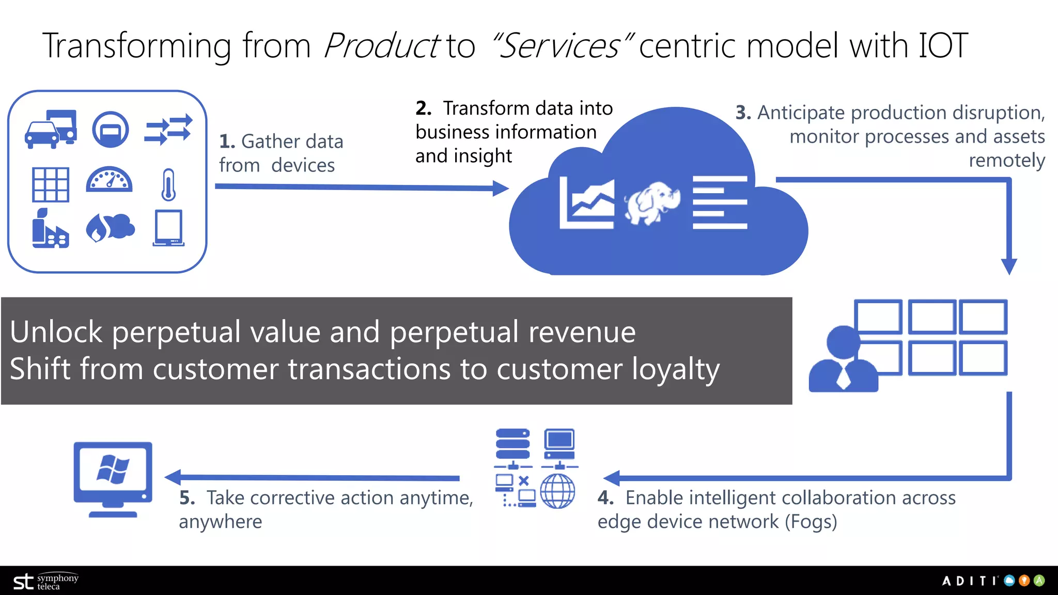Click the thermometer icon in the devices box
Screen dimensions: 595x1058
point(168,184)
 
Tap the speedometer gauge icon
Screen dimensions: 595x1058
point(109,180)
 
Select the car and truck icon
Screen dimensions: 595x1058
point(51,129)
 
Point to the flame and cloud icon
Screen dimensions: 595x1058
point(110,227)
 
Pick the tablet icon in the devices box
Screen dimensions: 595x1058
point(168,228)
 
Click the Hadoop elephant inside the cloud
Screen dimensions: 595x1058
point(652,202)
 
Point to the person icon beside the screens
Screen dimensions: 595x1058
point(843,359)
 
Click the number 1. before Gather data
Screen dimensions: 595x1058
point(227,142)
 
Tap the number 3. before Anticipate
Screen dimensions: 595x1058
point(743,113)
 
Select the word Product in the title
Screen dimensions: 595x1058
point(381,45)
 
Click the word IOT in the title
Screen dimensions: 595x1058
point(943,45)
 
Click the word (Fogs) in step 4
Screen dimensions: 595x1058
point(811,522)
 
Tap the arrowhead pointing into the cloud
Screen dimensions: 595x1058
point(500,188)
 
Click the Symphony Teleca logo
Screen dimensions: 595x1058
point(45,582)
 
